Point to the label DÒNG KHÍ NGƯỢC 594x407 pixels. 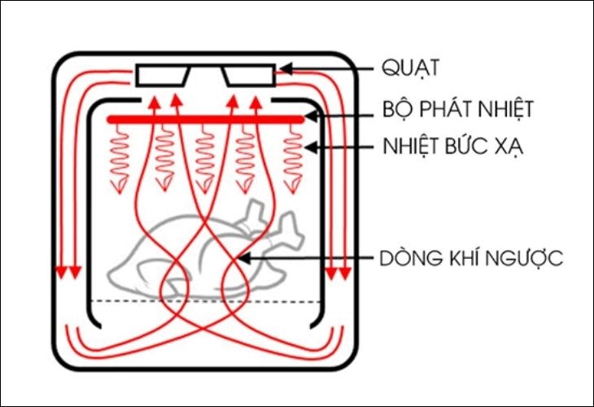pos(472,259)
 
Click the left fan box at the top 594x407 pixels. pos(163,76)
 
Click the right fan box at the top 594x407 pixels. pos(251,76)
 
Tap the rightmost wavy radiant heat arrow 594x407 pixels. pos(292,159)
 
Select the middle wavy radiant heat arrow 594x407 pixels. pos(205,159)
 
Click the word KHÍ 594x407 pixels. pos(451,259)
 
